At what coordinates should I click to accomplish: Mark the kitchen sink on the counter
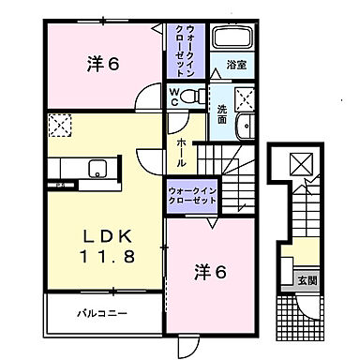click(96, 169)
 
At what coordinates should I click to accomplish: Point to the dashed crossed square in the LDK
click(58, 124)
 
